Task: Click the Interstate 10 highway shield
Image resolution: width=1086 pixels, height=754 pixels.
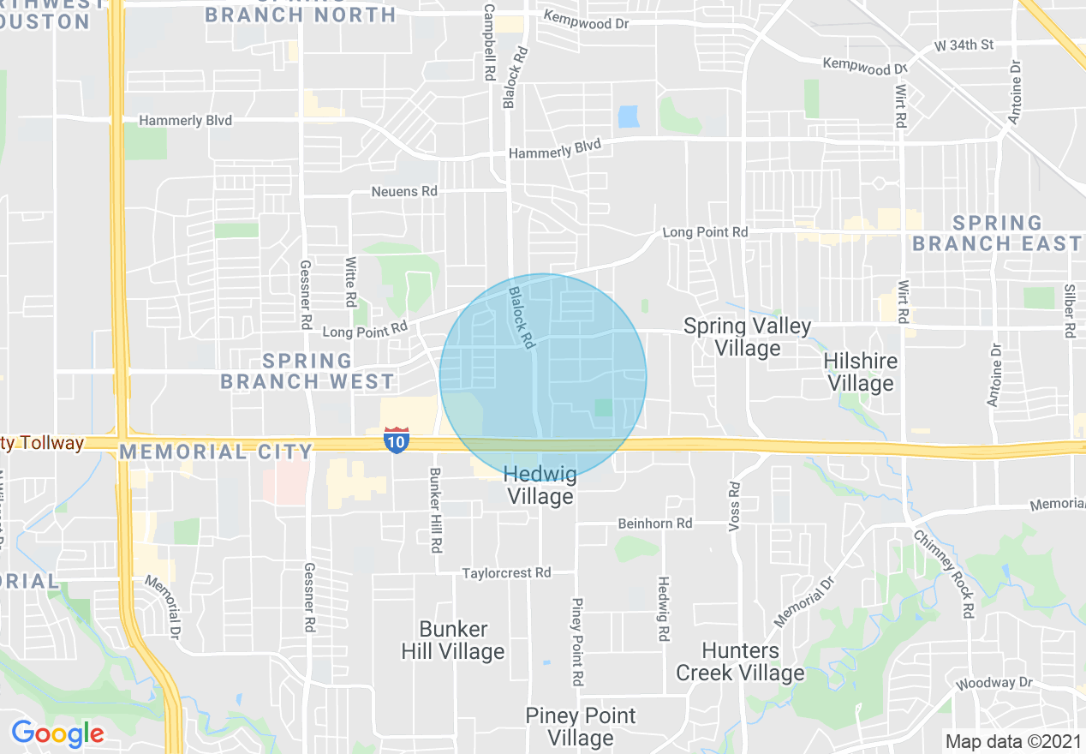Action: pos(396,440)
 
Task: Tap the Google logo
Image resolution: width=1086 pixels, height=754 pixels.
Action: pos(57,733)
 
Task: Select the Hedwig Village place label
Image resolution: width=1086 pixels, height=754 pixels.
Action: pos(540,485)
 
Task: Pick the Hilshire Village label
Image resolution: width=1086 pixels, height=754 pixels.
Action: pos(860,372)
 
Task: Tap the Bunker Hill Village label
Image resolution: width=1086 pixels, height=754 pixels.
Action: pos(452,640)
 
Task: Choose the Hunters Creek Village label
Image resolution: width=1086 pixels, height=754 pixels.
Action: pos(740,661)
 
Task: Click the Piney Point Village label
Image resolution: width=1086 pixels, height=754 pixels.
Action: pos(581,727)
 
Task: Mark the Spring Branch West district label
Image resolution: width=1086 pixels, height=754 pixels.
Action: pos(307,371)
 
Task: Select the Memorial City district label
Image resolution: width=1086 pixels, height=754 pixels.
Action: pos(218,452)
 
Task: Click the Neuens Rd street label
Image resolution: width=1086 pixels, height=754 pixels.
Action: pos(404,191)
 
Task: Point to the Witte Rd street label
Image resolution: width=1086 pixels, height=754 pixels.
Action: pos(350,282)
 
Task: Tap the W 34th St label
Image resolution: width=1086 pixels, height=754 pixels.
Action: pos(963,45)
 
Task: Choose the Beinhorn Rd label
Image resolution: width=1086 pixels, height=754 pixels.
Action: pos(655,524)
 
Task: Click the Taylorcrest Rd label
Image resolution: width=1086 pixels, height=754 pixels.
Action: pos(506,572)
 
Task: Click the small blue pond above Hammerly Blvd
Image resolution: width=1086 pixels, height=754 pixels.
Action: pos(629,117)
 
